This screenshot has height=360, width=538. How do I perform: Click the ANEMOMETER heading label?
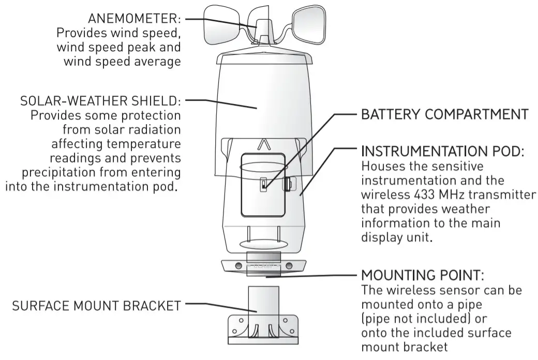point(134,19)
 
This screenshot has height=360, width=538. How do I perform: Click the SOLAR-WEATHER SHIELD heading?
point(100,100)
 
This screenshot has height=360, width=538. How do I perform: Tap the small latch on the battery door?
point(263,184)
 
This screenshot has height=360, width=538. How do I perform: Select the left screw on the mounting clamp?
point(238,265)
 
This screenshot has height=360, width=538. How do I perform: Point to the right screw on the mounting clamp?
point(289,265)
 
